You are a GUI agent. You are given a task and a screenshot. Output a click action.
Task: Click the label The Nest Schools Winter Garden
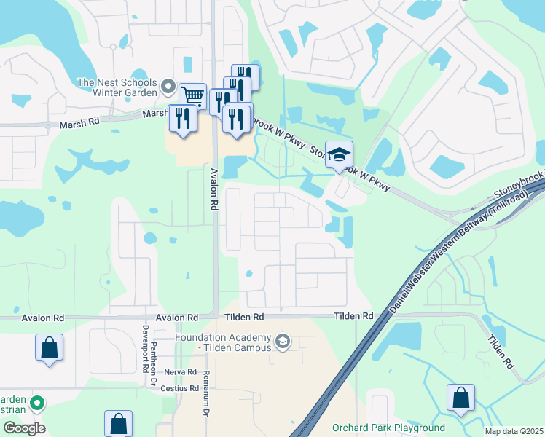[x=117, y=87]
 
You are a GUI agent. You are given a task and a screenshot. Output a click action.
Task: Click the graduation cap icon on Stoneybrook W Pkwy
[x=339, y=154]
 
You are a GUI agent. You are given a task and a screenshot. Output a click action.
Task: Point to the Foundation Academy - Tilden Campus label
[x=224, y=342]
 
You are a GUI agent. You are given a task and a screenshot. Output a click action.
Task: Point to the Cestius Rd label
[x=179, y=388]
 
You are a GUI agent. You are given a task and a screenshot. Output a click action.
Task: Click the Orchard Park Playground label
[x=388, y=428]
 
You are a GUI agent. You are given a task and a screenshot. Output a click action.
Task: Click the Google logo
[x=24, y=428]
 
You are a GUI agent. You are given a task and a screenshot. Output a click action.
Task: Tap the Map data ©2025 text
[x=514, y=431]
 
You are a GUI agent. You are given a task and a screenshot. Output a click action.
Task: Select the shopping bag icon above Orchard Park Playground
[x=460, y=398]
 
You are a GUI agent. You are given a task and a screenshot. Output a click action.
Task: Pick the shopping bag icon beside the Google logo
[x=118, y=423]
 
